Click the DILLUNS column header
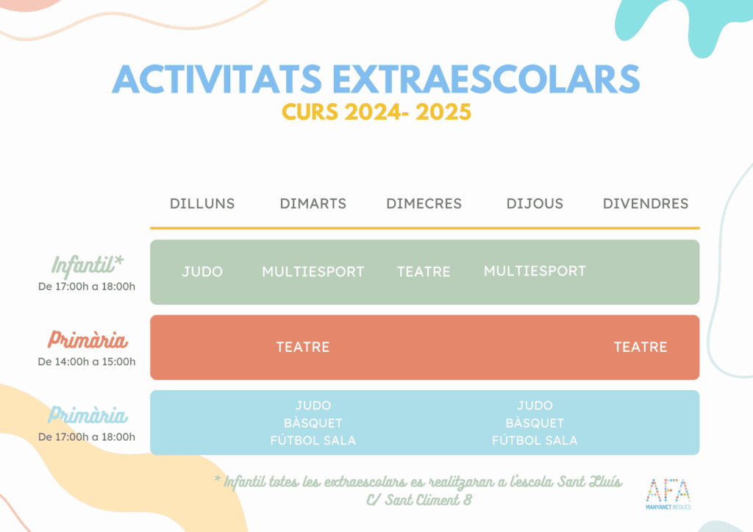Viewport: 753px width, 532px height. [202, 204]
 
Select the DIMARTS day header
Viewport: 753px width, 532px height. [313, 204]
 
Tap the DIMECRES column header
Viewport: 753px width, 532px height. [424, 204]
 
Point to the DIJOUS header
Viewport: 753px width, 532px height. [535, 204]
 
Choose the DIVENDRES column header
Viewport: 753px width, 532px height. [646, 204]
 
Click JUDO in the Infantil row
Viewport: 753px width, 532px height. [202, 272]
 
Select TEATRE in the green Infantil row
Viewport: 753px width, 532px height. [424, 272]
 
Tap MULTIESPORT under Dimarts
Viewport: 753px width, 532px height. [313, 272]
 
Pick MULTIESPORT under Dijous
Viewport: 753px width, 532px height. [535, 271]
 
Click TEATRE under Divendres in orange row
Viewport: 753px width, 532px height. [640, 347]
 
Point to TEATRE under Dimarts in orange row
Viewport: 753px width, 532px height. [303, 347]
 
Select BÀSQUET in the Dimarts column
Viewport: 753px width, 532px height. [313, 423]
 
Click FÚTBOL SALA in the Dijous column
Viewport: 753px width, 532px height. [535, 440]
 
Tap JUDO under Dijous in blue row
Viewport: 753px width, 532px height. [535, 406]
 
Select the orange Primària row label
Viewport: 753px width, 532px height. [88, 339]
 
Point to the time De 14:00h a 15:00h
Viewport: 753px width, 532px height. [87, 362]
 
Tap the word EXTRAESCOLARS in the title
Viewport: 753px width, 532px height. [486, 79]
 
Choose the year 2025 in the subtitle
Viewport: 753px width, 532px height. [443, 112]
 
